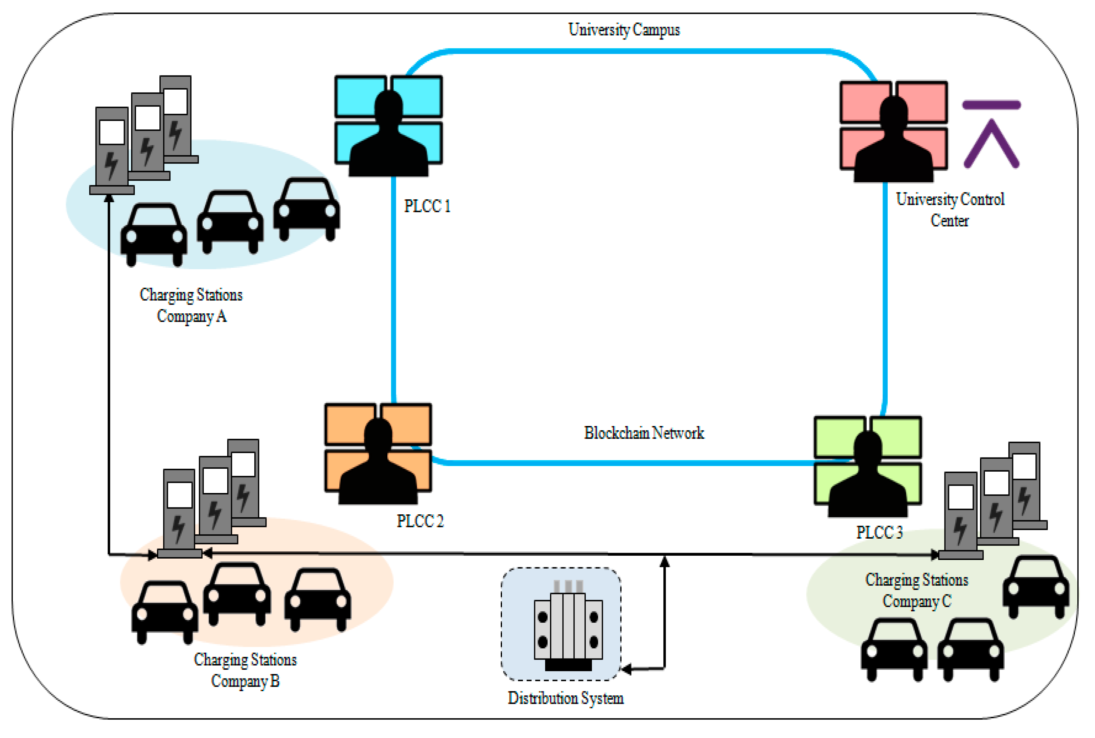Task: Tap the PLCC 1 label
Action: [427, 206]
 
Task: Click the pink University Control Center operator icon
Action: [894, 131]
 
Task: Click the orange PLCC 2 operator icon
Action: [378, 454]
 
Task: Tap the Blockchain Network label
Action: [644, 433]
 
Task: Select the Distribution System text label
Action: [565, 698]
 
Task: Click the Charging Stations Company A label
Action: [191, 305]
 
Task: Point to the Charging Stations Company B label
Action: [245, 670]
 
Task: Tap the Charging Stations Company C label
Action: [917, 591]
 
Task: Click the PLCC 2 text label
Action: [420, 521]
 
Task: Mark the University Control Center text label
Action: [950, 210]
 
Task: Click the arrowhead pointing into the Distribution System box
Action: [626, 669]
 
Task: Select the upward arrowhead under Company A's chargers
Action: [109, 198]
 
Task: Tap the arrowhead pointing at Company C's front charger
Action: [934, 555]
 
